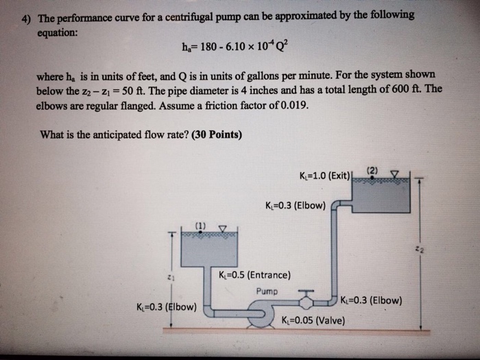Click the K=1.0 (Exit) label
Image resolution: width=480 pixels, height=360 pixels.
324,176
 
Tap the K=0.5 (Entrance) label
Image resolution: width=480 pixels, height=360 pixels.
254,275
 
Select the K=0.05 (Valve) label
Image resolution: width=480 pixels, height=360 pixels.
313,320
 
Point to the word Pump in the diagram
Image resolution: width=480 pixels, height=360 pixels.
267,291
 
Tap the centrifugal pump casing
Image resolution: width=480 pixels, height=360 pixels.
261,313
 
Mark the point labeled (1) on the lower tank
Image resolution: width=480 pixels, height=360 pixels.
200,232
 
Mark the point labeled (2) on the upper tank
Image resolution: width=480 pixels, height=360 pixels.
372,177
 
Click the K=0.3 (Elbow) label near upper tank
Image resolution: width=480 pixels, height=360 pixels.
296,205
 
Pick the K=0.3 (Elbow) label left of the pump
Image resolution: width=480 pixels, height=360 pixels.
167,307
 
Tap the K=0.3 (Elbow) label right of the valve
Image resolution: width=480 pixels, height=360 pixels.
371,300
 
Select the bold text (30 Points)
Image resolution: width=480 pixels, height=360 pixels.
217,134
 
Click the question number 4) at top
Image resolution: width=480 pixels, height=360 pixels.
26,19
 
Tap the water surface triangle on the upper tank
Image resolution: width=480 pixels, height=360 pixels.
395,174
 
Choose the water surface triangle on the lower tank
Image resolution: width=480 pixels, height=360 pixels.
223,228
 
